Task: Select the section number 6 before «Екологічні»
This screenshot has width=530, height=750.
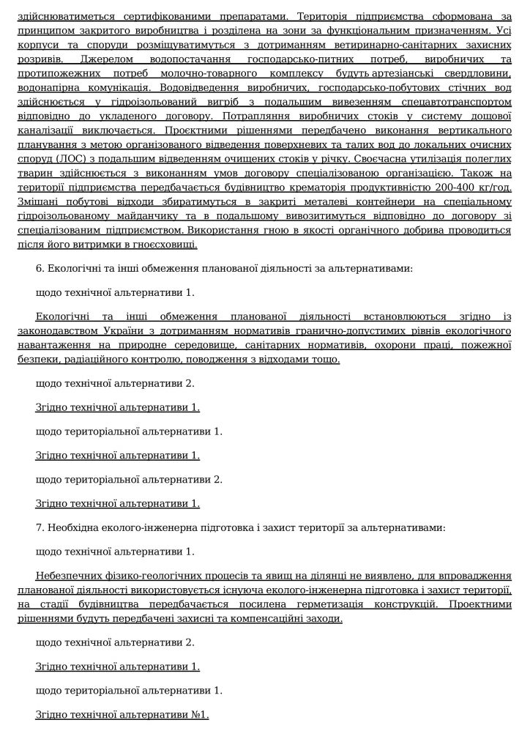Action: [39, 269]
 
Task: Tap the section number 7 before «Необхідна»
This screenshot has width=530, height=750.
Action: [39, 527]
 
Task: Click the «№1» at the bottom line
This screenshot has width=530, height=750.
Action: [200, 715]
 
